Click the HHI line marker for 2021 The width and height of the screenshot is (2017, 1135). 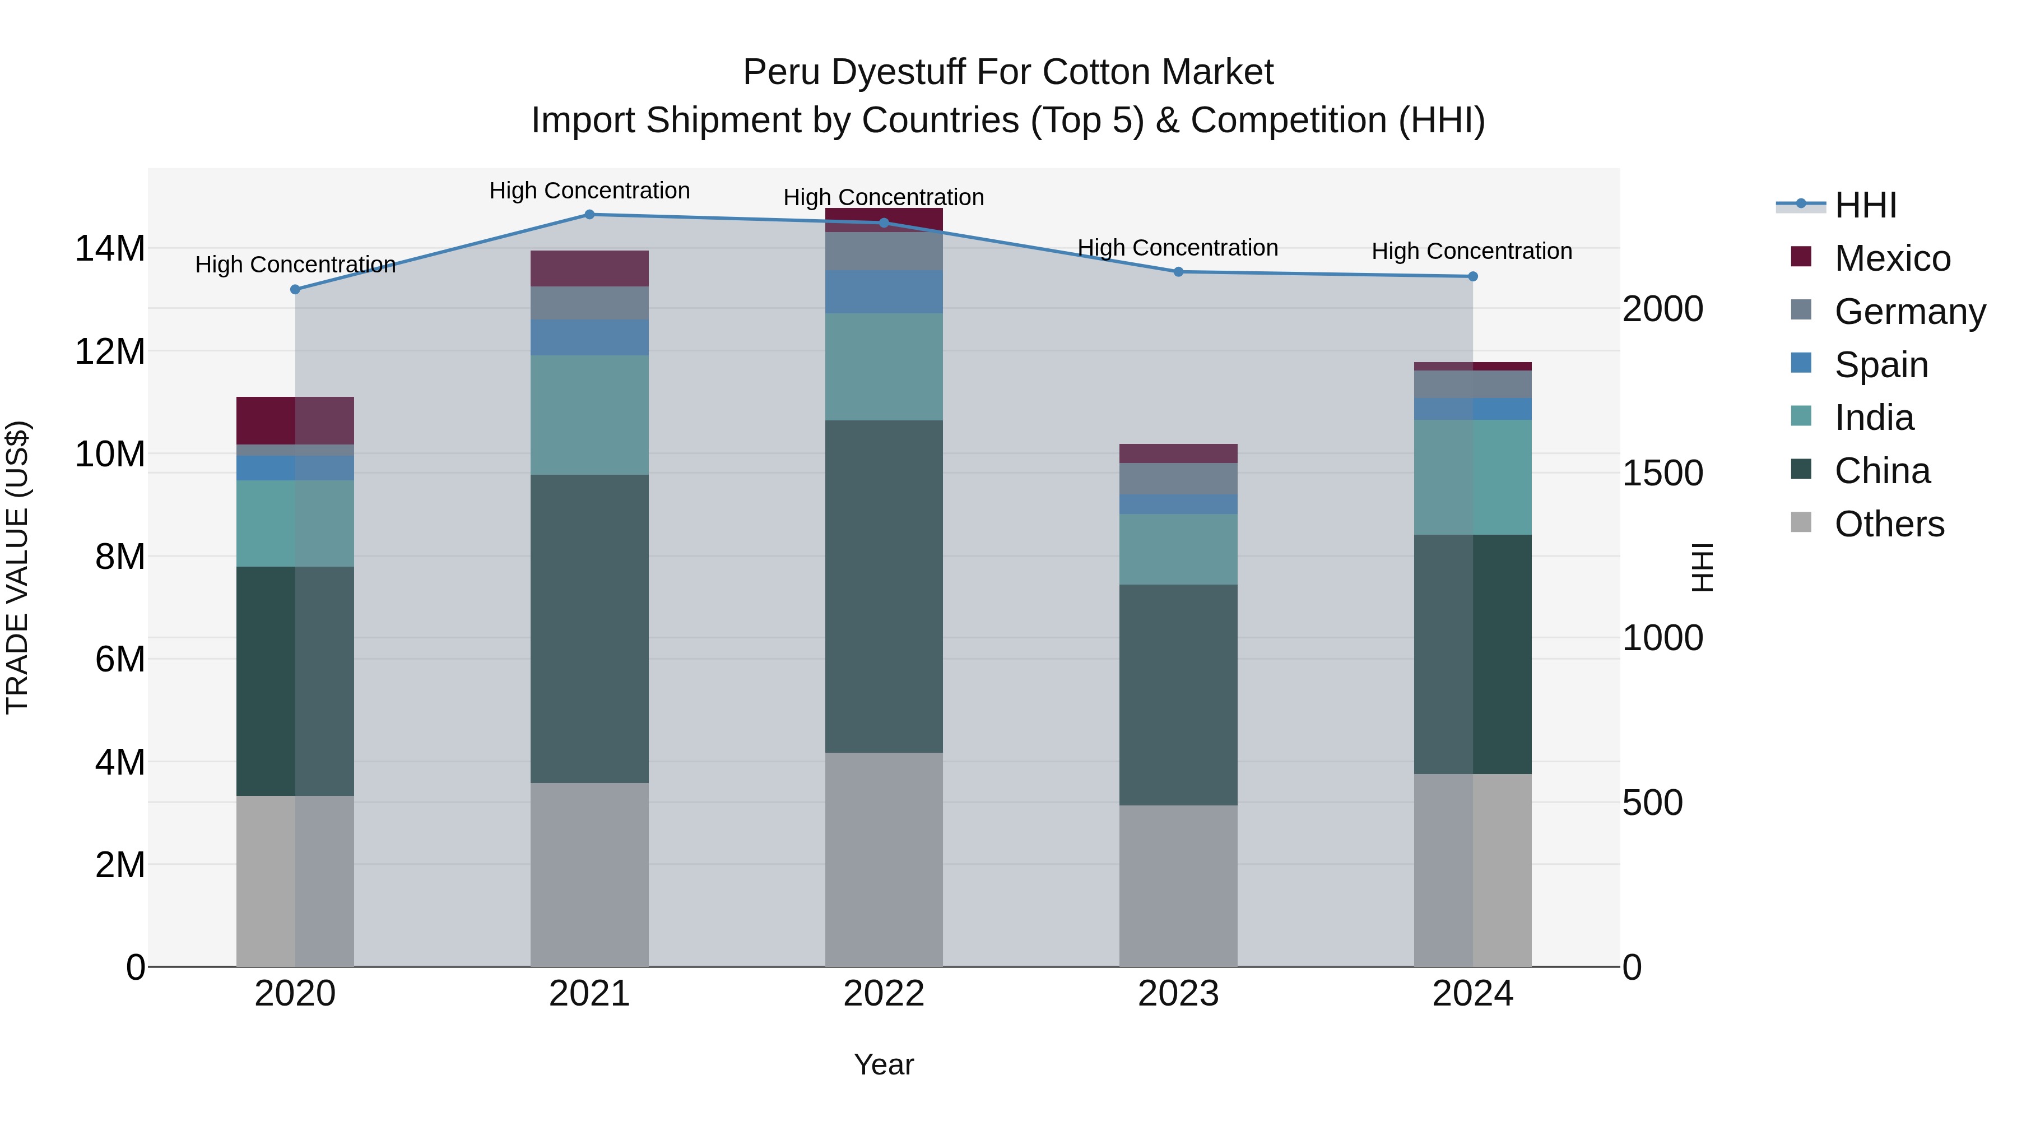tap(589, 215)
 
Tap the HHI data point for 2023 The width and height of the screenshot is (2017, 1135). tap(1178, 272)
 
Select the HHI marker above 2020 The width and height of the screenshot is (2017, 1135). tap(295, 290)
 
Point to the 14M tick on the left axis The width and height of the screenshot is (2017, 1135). tap(110, 249)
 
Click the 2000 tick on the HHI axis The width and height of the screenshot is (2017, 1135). tap(1662, 309)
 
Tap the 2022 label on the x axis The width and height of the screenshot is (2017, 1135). tap(884, 994)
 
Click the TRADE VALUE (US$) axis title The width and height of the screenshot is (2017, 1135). tap(18, 567)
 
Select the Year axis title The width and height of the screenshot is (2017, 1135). tap(884, 1064)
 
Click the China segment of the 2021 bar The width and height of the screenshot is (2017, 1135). tap(589, 628)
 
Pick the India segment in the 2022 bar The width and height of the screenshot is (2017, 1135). tap(884, 367)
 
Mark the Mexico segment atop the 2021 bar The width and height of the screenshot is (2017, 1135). tap(589, 268)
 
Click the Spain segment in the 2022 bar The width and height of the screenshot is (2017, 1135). tap(884, 292)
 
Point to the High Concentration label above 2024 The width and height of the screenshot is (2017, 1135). tap(1472, 252)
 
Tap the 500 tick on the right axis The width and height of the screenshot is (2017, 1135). tap(1652, 803)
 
